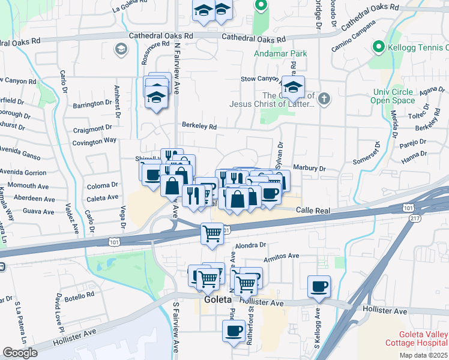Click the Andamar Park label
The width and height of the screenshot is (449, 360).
click(279, 54)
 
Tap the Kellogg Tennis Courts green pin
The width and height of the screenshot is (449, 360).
click(378, 46)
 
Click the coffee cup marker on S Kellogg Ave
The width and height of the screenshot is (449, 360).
click(319, 286)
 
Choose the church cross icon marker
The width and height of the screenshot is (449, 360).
click(324, 98)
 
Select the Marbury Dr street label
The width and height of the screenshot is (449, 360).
click(309, 169)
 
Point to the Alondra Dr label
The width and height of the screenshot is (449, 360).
click(250, 245)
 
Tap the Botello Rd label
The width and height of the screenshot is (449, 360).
click(79, 295)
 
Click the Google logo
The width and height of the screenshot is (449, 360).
click(20, 353)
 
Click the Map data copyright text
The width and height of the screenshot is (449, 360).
click(423, 355)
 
